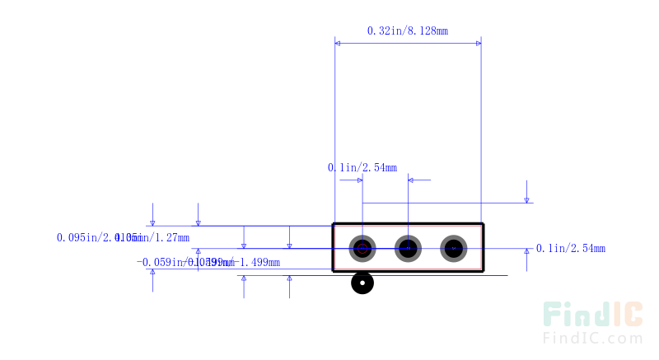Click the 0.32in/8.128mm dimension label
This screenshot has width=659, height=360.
click(x=407, y=31)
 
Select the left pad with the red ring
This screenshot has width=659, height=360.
click(x=362, y=247)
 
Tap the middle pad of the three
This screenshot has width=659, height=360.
click(x=408, y=247)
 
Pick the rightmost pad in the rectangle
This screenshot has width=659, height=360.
click(x=453, y=247)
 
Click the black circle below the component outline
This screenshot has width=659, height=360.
click(x=362, y=283)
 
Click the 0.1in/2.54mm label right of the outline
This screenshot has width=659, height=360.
click(x=571, y=248)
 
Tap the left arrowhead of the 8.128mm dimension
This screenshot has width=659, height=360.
click(x=339, y=41)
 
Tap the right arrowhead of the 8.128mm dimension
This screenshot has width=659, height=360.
click(x=478, y=41)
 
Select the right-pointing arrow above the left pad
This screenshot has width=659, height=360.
click(x=358, y=180)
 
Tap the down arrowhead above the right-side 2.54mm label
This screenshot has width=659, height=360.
click(x=526, y=198)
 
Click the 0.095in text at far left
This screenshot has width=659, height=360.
click(x=78, y=238)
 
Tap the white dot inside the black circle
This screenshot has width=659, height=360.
click(x=362, y=283)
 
